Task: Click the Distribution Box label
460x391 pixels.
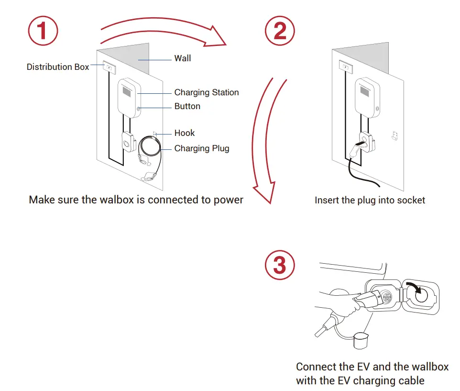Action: [x=57, y=67]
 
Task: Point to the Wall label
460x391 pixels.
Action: [x=182, y=58]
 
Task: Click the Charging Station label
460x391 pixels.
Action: [x=206, y=92]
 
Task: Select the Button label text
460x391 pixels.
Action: [x=187, y=106]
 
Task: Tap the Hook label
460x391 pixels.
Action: [x=184, y=133]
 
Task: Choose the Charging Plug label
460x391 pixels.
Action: [x=201, y=148]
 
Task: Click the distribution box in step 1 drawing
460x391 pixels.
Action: [x=109, y=67]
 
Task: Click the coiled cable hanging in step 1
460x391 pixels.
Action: [x=150, y=147]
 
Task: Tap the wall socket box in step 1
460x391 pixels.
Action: [x=127, y=142]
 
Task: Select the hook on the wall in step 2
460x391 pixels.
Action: [x=394, y=136]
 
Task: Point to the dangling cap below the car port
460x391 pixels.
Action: [x=360, y=341]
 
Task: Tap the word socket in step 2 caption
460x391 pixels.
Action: [x=411, y=200]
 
